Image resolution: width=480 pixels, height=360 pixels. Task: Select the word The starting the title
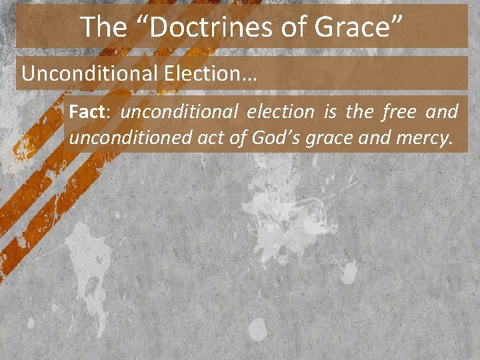(x=103, y=27)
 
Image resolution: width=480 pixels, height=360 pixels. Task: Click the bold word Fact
(x=84, y=112)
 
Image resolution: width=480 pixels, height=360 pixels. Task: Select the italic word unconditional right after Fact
(x=177, y=112)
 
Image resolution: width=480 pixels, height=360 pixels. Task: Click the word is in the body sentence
(x=330, y=112)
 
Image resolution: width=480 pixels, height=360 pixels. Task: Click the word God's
(x=275, y=138)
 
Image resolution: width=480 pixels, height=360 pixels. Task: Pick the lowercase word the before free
(x=359, y=112)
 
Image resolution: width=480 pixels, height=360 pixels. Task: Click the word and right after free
(x=442, y=112)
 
